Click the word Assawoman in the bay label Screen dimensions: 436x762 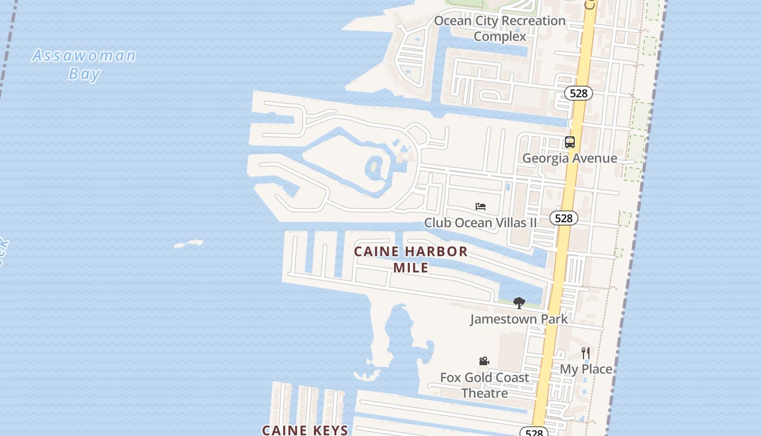(x=84, y=56)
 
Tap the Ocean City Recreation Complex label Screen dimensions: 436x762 (x=500, y=28)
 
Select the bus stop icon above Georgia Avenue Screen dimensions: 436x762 (x=570, y=142)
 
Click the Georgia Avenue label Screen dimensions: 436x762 (x=569, y=158)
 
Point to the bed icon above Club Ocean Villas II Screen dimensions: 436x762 (x=481, y=207)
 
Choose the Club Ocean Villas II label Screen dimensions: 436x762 (x=480, y=222)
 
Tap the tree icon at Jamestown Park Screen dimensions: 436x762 (x=519, y=303)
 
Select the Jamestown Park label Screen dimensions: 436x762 (x=519, y=319)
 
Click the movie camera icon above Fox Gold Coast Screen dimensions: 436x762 (x=484, y=361)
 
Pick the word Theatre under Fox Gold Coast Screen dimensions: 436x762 (x=484, y=393)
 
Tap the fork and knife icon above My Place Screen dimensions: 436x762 (x=586, y=353)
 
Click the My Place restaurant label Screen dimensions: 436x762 (x=586, y=369)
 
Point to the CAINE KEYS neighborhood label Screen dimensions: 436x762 (x=305, y=430)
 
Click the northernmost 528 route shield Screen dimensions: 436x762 (x=578, y=93)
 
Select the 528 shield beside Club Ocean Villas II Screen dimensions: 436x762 (x=563, y=218)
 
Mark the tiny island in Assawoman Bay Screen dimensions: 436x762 (x=188, y=244)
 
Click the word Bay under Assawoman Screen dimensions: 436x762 (x=84, y=74)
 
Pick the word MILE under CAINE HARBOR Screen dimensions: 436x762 (x=410, y=268)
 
